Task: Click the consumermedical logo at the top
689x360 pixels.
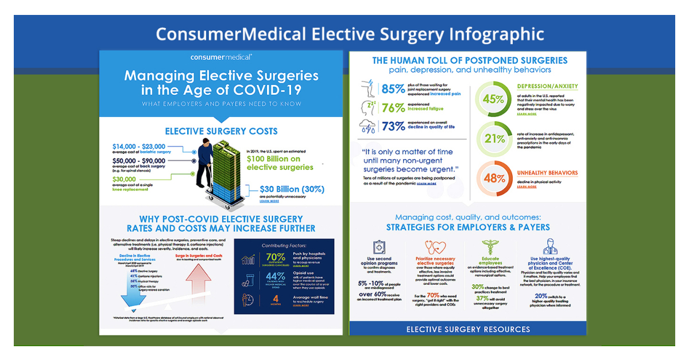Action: tap(221, 57)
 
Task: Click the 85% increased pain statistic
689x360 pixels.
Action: tap(394, 90)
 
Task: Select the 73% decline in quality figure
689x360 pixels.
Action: tap(394, 127)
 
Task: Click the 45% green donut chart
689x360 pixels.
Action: tap(493, 99)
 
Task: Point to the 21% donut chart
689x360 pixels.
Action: tap(493, 138)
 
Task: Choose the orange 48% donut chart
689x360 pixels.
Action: tap(493, 178)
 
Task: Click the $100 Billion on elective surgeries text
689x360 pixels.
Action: tap(280, 162)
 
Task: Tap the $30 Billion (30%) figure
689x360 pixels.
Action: tap(292, 189)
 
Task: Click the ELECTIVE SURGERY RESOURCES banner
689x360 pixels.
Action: tap(468, 329)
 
